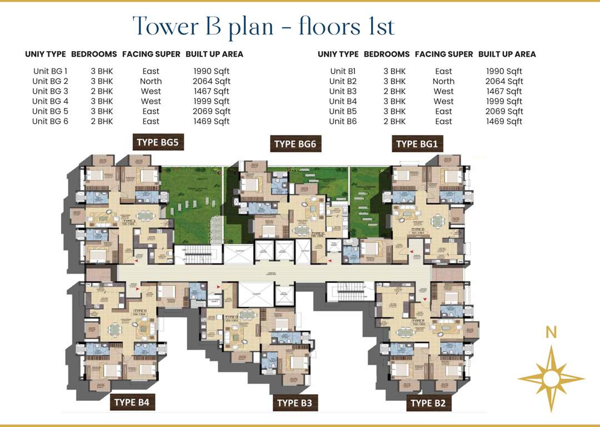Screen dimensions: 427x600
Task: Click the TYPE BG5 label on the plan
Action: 157,142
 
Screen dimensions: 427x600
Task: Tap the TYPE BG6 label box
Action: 295,144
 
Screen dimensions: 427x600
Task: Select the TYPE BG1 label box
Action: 417,144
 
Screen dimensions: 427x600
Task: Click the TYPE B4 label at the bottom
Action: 131,402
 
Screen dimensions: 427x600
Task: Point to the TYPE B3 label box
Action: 294,403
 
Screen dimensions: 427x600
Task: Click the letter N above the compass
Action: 551,332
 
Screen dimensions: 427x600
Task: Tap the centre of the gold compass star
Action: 551,379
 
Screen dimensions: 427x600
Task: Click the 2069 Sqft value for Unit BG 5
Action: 212,111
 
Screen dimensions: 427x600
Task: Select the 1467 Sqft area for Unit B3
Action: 504,91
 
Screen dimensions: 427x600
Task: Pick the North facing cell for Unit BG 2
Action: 151,81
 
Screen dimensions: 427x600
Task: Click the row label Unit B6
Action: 343,121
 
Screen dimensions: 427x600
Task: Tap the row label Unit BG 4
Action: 50,101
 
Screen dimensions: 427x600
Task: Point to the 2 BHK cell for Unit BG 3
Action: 102,91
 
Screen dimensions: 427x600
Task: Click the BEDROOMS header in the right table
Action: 387,54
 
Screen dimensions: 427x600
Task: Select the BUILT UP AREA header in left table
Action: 214,54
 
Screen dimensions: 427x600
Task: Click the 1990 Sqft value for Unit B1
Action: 504,71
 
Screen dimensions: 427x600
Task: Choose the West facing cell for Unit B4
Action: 443,101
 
